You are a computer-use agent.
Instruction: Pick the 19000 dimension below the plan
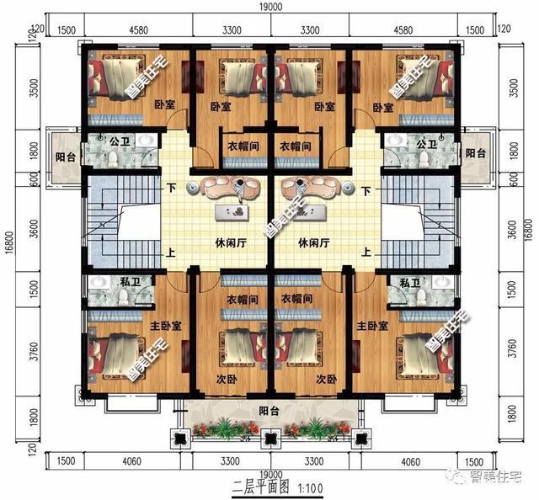coord(270,476)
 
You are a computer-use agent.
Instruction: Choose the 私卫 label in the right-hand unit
coord(410,284)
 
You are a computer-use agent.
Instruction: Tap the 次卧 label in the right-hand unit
coord(328,379)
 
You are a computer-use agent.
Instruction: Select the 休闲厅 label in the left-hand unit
coord(230,242)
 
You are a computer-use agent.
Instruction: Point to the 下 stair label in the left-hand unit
coord(172,190)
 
